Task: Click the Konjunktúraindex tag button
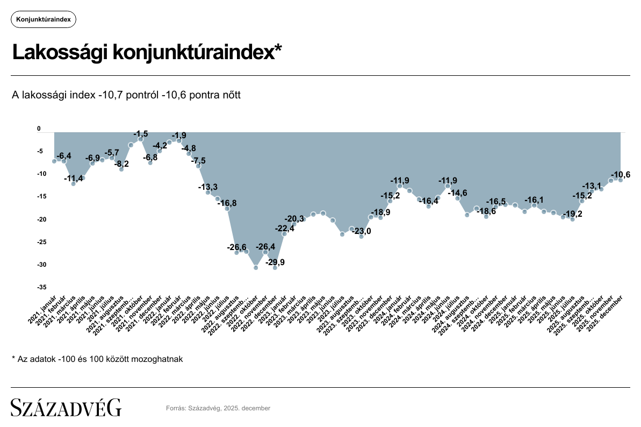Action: point(44,19)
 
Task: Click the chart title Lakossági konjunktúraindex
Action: point(147,53)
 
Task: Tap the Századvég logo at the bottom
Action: point(67,408)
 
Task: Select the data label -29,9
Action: point(276,262)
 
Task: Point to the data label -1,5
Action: point(141,133)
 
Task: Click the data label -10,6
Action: point(621,175)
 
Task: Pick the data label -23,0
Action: point(361,231)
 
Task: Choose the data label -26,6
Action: point(237,247)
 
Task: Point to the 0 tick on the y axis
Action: point(39,129)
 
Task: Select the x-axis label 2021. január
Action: point(44,307)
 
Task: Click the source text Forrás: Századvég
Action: point(218,408)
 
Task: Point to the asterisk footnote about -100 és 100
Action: point(97,359)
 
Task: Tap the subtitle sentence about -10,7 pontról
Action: point(126,95)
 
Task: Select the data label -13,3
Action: point(208,187)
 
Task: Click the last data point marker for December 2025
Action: point(620,180)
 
